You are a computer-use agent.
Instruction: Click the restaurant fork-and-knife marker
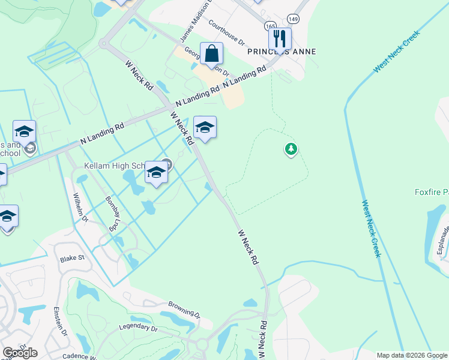(280, 39)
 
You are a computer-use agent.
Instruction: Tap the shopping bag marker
(211, 54)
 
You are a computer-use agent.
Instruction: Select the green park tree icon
(291, 149)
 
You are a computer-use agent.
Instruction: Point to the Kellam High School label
(114, 165)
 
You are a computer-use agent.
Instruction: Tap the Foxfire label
(432, 192)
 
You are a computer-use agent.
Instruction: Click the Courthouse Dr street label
(227, 32)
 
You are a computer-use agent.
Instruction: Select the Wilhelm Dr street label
(80, 206)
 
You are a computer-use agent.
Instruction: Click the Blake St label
(72, 259)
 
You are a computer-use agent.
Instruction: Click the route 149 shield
(293, 19)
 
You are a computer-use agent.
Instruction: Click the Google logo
(19, 353)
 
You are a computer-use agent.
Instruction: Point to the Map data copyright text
(411, 355)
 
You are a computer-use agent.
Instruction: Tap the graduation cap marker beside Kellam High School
(156, 173)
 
